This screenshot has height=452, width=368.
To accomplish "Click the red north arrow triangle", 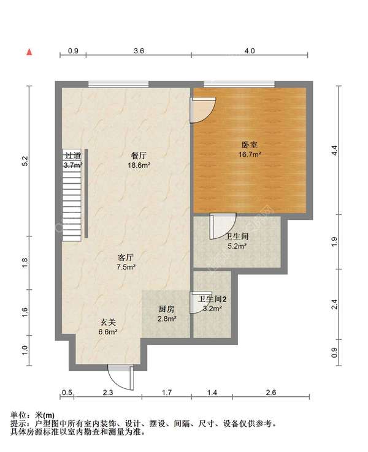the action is point(29,52).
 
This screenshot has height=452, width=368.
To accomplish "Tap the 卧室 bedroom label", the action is point(250,145).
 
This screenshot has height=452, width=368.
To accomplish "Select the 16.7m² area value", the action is point(250,154).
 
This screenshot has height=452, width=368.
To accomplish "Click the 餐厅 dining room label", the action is point(139,156).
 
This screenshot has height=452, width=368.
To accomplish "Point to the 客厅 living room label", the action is point(126,257).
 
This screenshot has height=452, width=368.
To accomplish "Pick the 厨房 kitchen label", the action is point(167,309).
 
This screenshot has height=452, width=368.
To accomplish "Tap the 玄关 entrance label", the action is point(108,322).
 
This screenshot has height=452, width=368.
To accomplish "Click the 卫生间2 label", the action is point(212,299).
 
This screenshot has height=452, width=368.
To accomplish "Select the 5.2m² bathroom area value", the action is point(237,246).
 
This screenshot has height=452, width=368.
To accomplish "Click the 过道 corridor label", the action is point(72,156).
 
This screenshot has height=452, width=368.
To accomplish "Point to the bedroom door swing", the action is point(203,110).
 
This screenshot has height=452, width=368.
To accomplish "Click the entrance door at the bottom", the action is point(121,377).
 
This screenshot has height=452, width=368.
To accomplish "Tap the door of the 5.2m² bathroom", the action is point(223,226).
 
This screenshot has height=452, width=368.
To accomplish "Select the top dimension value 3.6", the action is point(139,51).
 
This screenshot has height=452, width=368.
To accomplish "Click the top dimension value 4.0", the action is point(250,51).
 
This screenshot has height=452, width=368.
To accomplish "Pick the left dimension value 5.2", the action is point(25,161).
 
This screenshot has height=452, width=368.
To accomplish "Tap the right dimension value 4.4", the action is point(334,151).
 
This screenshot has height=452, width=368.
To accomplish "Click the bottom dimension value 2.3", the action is point(108,393).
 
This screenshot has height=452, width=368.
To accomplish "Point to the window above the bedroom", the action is point(239,84).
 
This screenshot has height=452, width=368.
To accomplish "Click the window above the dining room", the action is point(118,84).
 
